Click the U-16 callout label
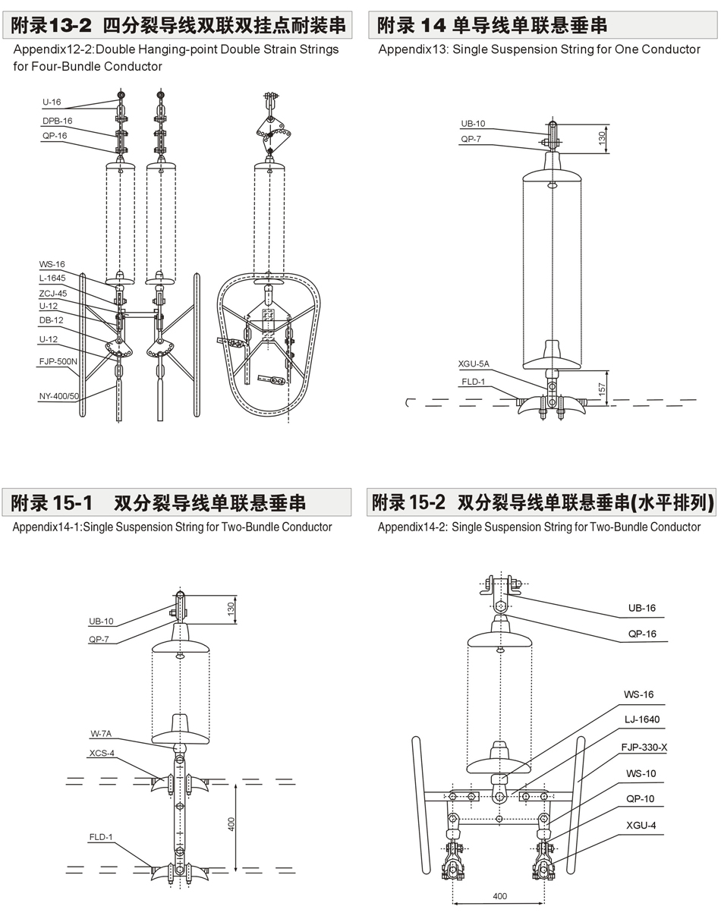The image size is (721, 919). (x=52, y=102)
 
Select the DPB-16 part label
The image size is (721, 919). (x=57, y=121)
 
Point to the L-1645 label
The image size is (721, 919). (x=52, y=279)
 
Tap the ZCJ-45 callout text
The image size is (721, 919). (x=53, y=293)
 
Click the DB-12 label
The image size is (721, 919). (x=51, y=320)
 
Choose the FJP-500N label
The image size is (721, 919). (x=58, y=361)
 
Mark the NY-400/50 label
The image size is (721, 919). (x=59, y=396)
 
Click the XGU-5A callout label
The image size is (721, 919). (x=474, y=364)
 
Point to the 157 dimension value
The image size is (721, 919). (x=600, y=389)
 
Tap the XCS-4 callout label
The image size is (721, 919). (x=102, y=753)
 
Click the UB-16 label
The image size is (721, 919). (x=641, y=608)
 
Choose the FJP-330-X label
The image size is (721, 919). (x=644, y=747)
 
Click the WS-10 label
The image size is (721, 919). (x=640, y=773)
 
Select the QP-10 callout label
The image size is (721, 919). (x=640, y=799)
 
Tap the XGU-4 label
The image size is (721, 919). (x=640, y=825)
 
